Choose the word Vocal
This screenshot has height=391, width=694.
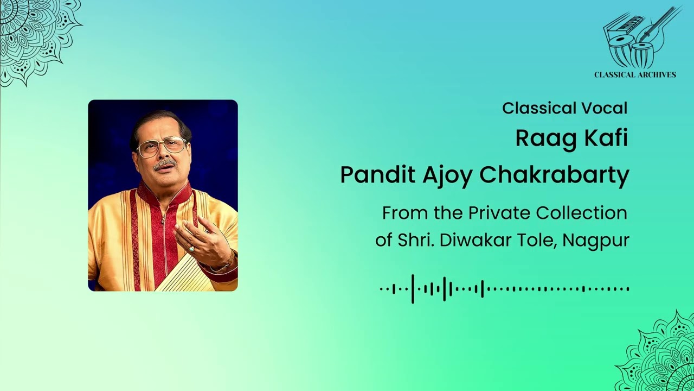tap(605, 108)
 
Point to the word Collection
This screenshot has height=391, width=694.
tap(582, 213)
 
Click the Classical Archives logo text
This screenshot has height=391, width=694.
tap(635, 75)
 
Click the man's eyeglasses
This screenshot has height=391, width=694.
tap(161, 146)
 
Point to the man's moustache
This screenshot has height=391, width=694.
tap(164, 163)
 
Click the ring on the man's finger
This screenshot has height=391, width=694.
tap(191, 248)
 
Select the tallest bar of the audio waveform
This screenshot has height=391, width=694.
tap(413, 289)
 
